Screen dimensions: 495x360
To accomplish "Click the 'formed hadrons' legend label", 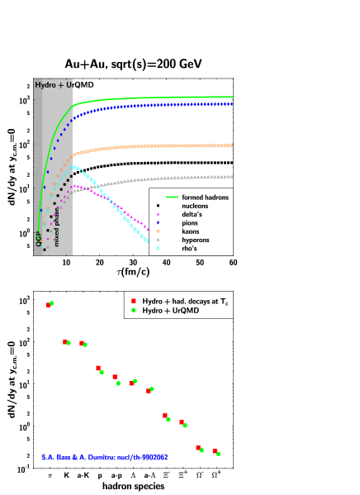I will [205, 198].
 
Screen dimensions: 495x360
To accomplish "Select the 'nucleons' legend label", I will [197, 206].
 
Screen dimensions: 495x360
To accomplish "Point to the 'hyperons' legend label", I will [197, 240].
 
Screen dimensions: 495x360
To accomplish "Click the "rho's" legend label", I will [191, 248].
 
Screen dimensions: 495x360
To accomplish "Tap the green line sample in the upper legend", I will [172, 198].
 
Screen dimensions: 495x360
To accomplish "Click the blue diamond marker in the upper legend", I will [158, 223].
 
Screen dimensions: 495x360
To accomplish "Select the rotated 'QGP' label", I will [39, 239].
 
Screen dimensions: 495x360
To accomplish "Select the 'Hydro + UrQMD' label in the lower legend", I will [173, 311].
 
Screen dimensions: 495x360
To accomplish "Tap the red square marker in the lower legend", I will [132, 302].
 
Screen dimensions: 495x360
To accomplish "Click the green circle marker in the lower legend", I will [132, 311].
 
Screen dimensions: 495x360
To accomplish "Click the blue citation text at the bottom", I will [105, 457].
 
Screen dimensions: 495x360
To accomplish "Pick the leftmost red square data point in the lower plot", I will [48, 305].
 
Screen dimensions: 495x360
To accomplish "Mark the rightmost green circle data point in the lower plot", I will [218, 454].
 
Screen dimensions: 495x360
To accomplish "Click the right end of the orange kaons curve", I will [231, 145].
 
